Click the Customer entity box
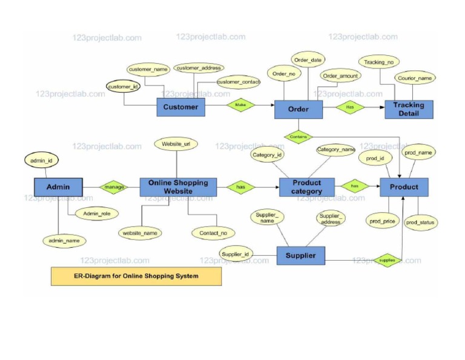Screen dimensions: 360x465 (180, 107)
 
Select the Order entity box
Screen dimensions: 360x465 (298, 109)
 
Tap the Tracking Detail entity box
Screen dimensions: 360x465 (409, 109)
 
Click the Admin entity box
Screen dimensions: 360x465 (58, 187)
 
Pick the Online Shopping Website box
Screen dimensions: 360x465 (178, 187)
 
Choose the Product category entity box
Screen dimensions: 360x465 (306, 187)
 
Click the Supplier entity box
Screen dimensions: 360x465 (300, 255)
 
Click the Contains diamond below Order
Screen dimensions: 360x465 (298, 137)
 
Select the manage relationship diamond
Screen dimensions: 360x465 (114, 187)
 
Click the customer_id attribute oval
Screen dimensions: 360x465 (123, 87)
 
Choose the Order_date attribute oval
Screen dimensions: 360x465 (308, 59)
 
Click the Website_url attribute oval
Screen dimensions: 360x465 (176, 144)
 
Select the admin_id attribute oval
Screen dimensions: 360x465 (41, 160)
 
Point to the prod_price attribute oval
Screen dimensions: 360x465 (382, 221)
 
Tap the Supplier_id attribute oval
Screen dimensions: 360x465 (236, 254)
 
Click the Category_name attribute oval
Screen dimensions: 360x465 (335, 149)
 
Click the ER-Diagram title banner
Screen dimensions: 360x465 (136, 276)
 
